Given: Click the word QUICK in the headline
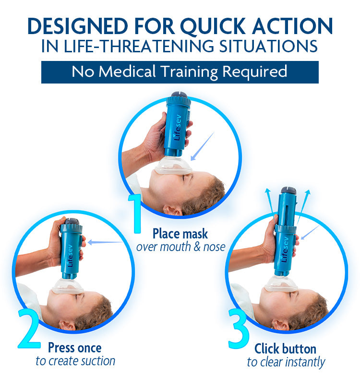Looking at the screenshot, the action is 213,26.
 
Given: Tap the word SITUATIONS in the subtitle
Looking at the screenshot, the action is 268,46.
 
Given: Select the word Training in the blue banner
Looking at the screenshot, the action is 189,72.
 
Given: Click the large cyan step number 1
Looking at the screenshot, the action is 135,213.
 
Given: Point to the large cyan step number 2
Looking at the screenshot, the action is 29,328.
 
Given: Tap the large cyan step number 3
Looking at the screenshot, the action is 239,328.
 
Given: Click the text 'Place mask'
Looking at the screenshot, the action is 180,234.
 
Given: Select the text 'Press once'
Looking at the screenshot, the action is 75,348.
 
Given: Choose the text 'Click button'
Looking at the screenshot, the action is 285,349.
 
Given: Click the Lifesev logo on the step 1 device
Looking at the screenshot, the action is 178,128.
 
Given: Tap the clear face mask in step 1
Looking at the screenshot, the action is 173,166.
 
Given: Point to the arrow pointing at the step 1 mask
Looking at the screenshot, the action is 202,146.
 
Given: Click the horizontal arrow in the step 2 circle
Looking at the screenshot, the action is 105,242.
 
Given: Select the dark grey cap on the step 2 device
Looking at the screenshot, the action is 72,221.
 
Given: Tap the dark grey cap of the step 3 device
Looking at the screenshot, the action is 289,190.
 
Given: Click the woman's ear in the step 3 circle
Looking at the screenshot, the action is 280,325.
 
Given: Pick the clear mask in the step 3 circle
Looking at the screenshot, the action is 281,284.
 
